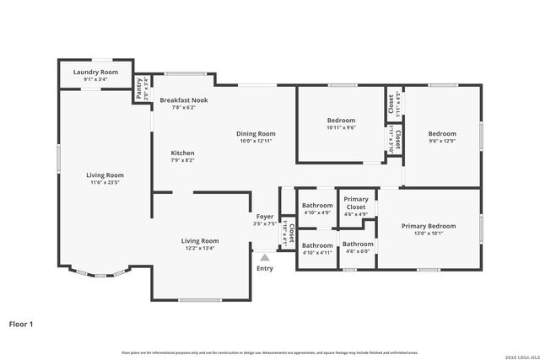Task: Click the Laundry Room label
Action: [95, 73]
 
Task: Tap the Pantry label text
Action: [138, 83]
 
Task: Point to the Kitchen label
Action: [183, 153]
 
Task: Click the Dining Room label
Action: [255, 133]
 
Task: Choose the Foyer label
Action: [265, 216]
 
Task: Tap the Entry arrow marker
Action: [265, 255]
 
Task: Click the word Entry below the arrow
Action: [265, 268]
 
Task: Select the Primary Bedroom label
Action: [428, 226]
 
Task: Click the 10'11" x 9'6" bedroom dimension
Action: [342, 128]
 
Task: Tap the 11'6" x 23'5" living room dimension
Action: [105, 183]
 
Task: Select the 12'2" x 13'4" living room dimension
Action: [200, 248]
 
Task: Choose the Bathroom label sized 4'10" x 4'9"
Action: [318, 206]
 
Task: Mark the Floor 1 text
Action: [21, 323]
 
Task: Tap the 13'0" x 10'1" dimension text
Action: [428, 234]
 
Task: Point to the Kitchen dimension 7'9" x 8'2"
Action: [183, 160]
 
